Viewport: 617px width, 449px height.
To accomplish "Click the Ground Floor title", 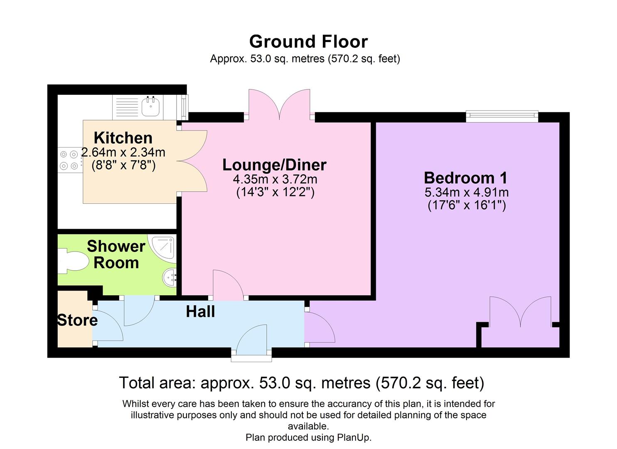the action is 308,42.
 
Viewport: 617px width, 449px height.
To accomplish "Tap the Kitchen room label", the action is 123,138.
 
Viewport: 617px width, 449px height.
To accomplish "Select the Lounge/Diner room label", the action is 274,165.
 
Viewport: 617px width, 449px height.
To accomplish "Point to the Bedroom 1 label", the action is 465,178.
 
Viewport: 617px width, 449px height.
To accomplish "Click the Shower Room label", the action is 116,254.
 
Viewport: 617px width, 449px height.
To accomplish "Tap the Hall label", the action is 200,312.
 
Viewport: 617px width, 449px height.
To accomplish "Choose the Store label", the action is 77,320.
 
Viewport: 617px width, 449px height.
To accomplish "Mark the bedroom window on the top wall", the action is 502,116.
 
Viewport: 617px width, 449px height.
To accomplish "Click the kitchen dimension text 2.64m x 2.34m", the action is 123,153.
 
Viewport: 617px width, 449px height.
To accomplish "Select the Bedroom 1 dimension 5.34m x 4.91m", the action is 466,192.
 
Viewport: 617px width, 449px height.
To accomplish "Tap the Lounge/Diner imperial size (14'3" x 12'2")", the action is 275,192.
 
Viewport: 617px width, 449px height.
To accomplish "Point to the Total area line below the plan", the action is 302,383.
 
